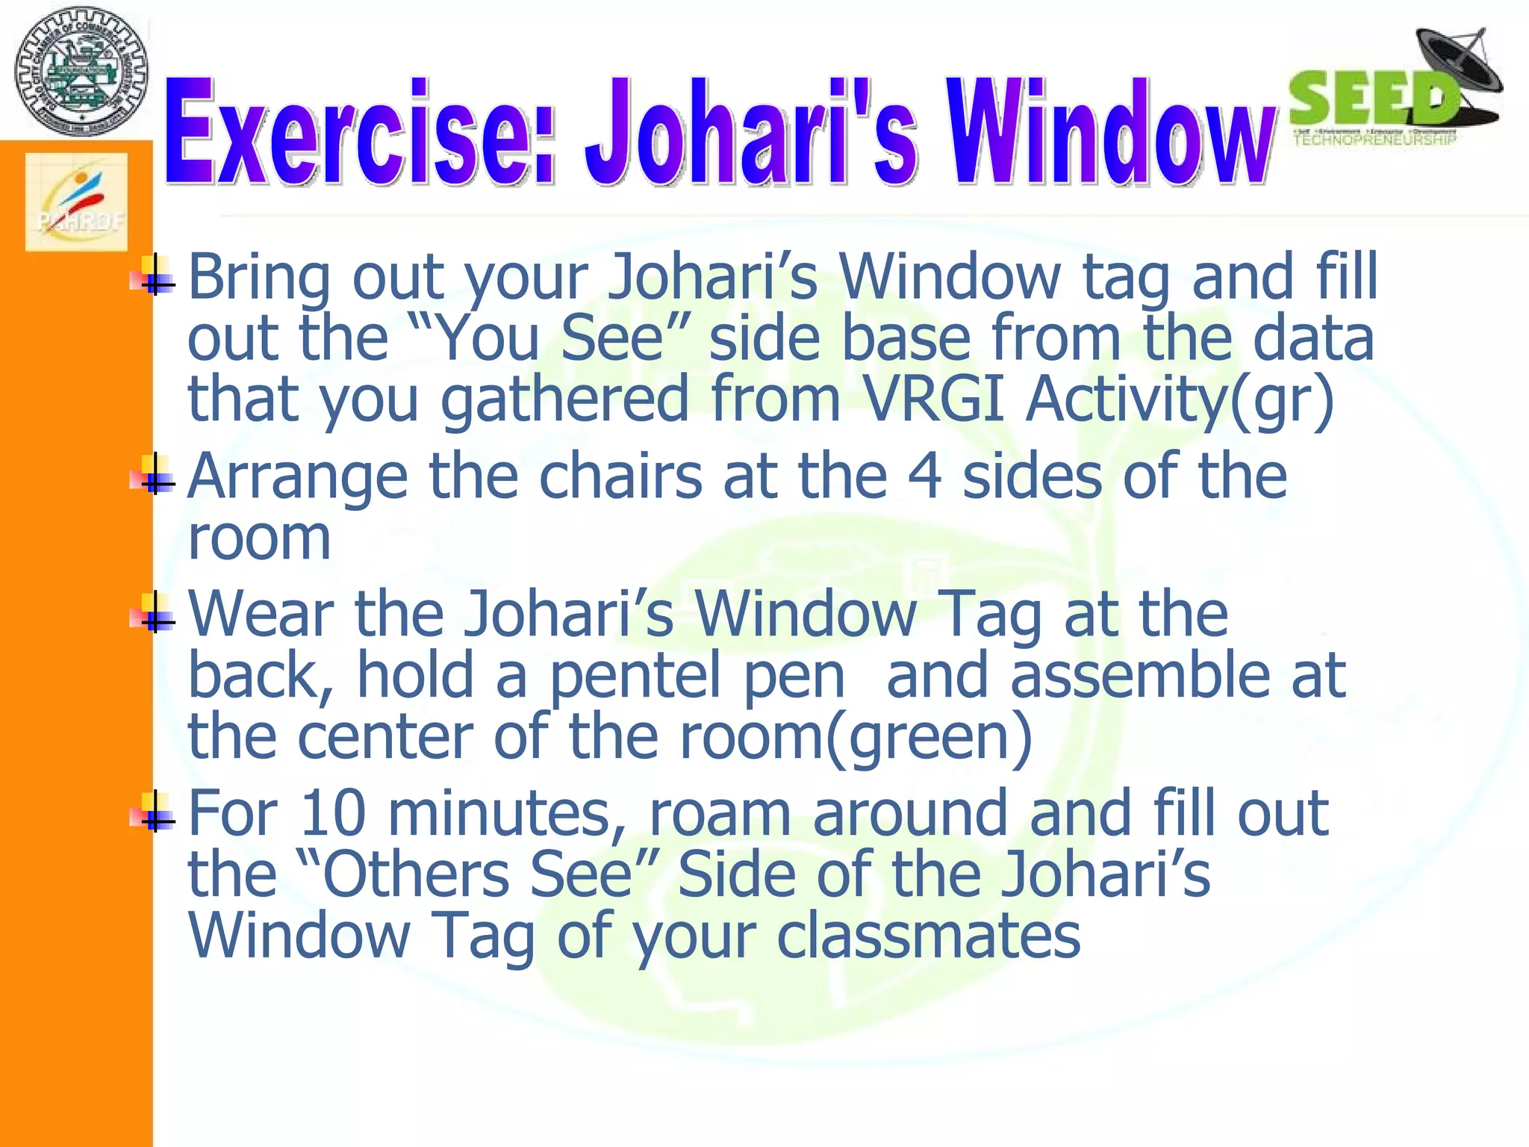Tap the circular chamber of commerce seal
point(81,72)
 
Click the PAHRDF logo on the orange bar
point(76,202)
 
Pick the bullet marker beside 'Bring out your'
point(154,277)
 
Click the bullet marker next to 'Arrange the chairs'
point(154,476)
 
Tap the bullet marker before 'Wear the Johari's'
point(154,613)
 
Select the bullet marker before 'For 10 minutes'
point(154,812)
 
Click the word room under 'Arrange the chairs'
point(259,538)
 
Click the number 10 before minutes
point(332,814)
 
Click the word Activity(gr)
point(1180,400)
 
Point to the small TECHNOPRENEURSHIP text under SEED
point(1374,140)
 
